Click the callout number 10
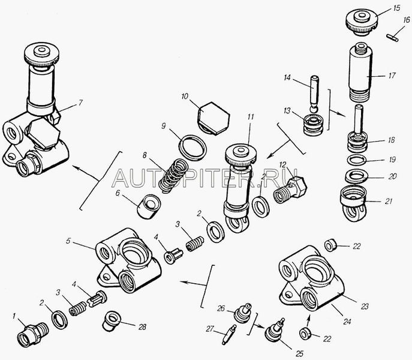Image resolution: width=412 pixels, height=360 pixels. [x=185, y=97]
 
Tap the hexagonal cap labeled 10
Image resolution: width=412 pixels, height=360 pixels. [x=213, y=118]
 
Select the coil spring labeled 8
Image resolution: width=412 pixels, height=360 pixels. [x=174, y=176]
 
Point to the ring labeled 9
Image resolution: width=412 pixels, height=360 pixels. [x=193, y=148]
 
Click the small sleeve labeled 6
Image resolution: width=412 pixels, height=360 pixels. [x=149, y=206]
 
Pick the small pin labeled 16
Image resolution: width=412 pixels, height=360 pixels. [x=393, y=38]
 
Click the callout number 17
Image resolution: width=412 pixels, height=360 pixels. [x=392, y=76]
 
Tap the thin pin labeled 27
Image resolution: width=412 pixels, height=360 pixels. [x=229, y=334]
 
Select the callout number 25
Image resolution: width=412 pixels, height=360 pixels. [x=299, y=353]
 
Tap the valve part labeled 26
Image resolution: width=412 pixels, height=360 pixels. [x=243, y=313]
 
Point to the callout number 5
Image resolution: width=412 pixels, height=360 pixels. [x=68, y=241]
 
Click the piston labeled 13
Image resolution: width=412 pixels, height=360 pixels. [x=314, y=125]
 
